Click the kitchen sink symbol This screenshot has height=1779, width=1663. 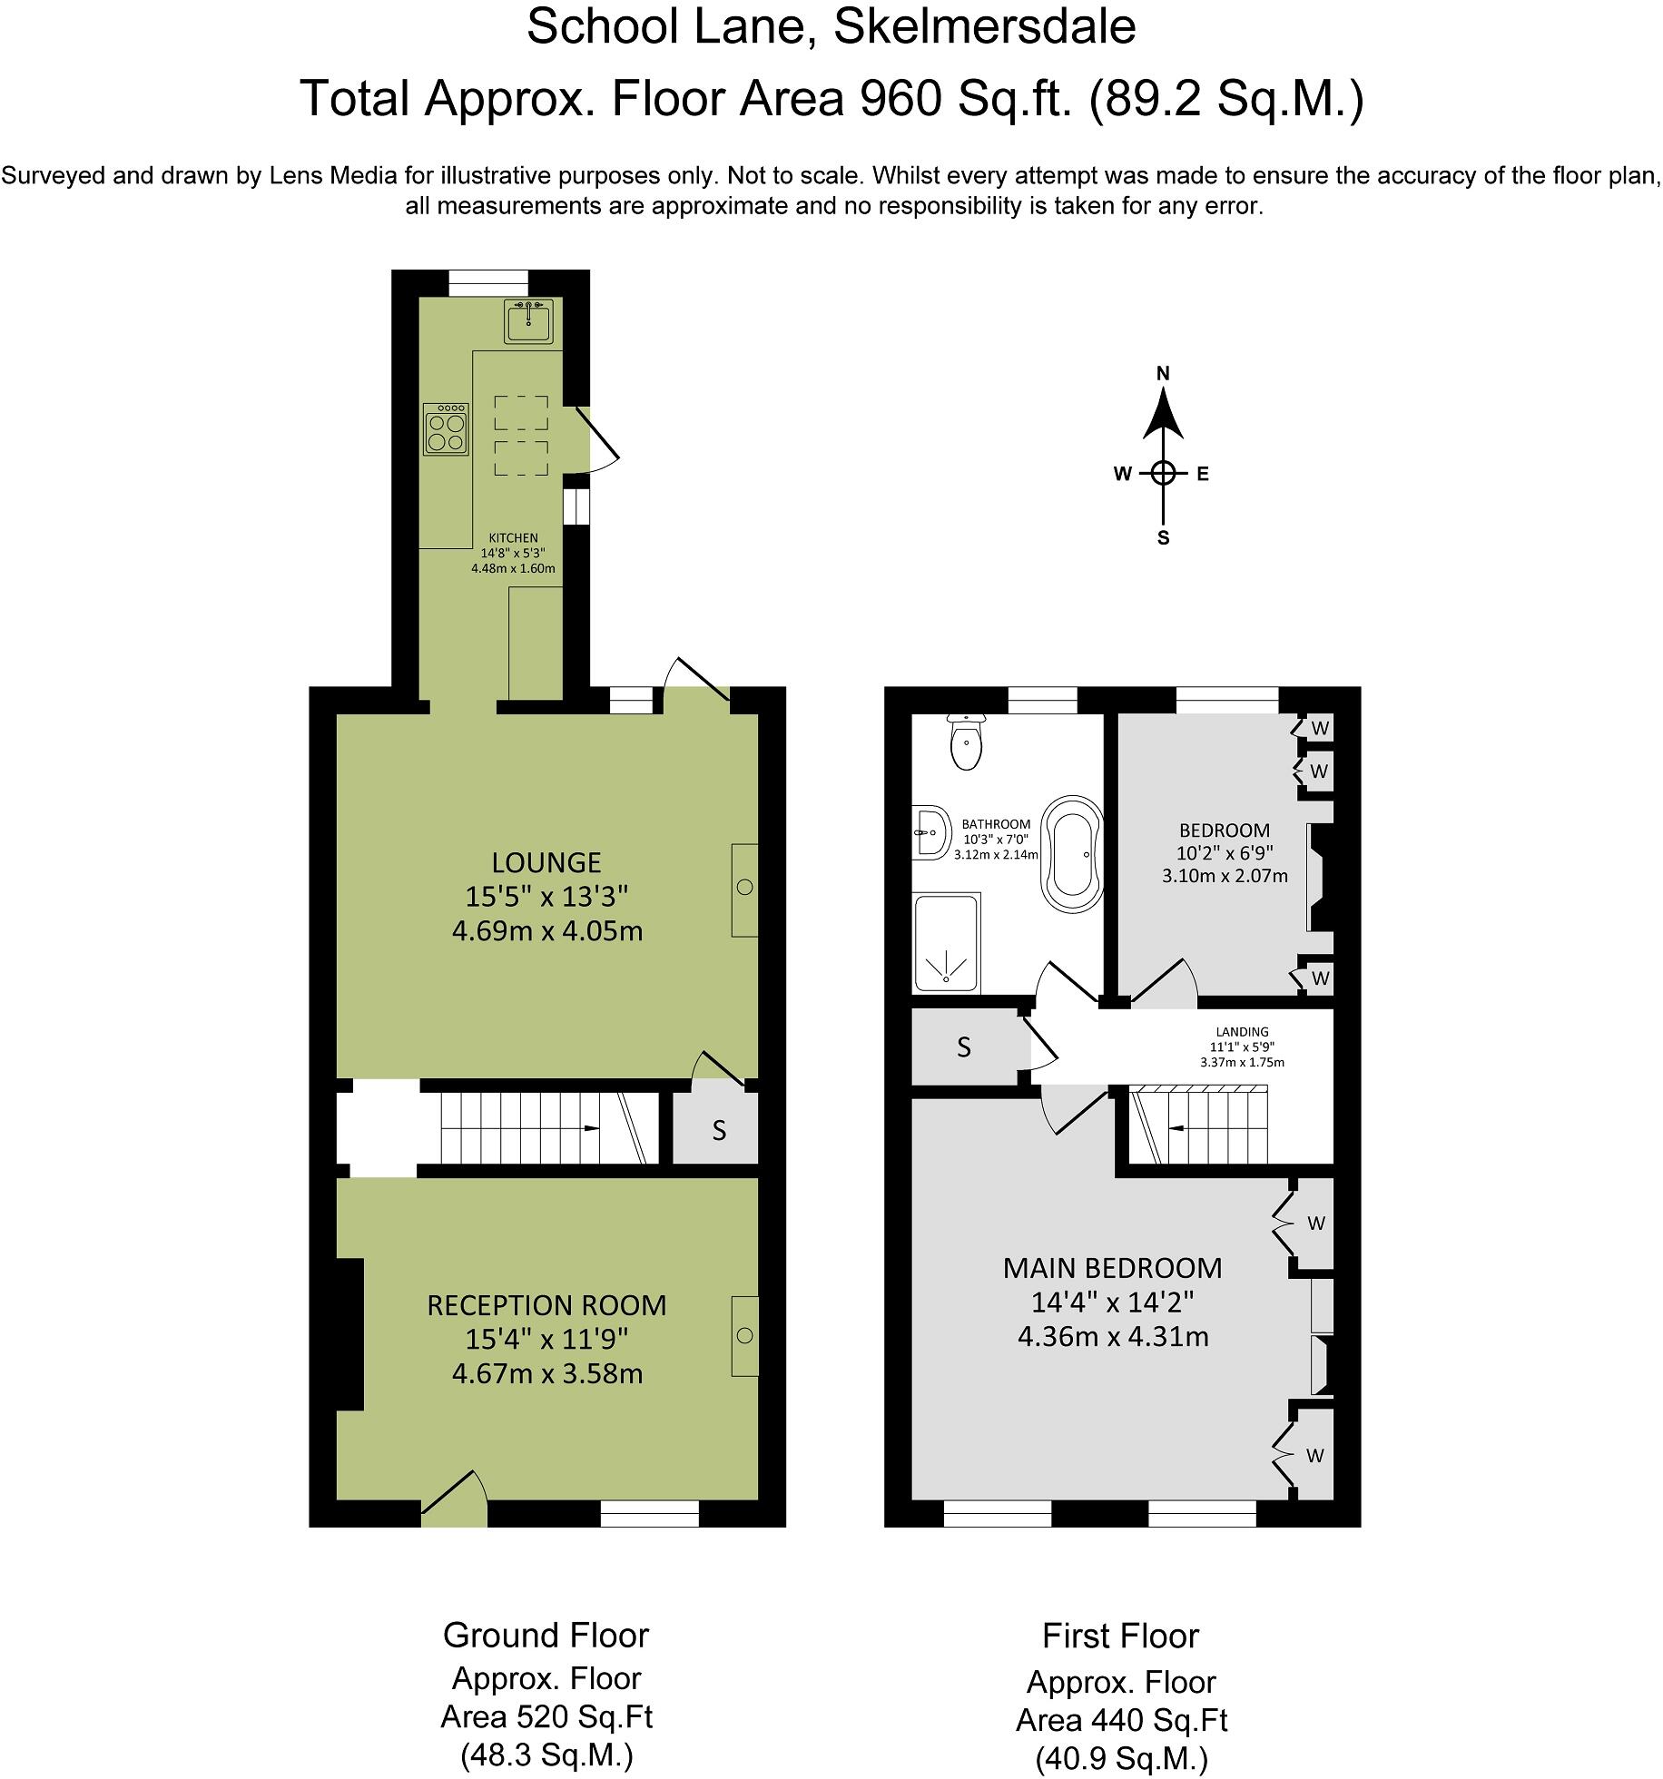(528, 320)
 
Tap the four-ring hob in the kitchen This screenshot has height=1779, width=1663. (446, 429)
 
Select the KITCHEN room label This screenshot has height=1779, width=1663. (513, 538)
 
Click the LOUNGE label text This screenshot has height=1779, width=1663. (546, 862)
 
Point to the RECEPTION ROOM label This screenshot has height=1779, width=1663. (546, 1305)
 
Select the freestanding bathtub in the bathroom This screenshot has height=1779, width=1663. (1073, 852)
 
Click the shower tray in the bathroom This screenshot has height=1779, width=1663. (947, 943)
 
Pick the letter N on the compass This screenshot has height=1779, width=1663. (1163, 373)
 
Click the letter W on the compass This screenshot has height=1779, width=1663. (1122, 474)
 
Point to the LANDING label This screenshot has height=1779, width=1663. (1242, 1032)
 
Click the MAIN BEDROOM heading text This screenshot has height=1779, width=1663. (1112, 1268)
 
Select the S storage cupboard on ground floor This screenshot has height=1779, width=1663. (719, 1131)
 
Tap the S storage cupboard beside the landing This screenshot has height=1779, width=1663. (964, 1047)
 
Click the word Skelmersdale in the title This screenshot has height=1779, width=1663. (984, 27)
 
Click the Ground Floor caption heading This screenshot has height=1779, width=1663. (546, 1636)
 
